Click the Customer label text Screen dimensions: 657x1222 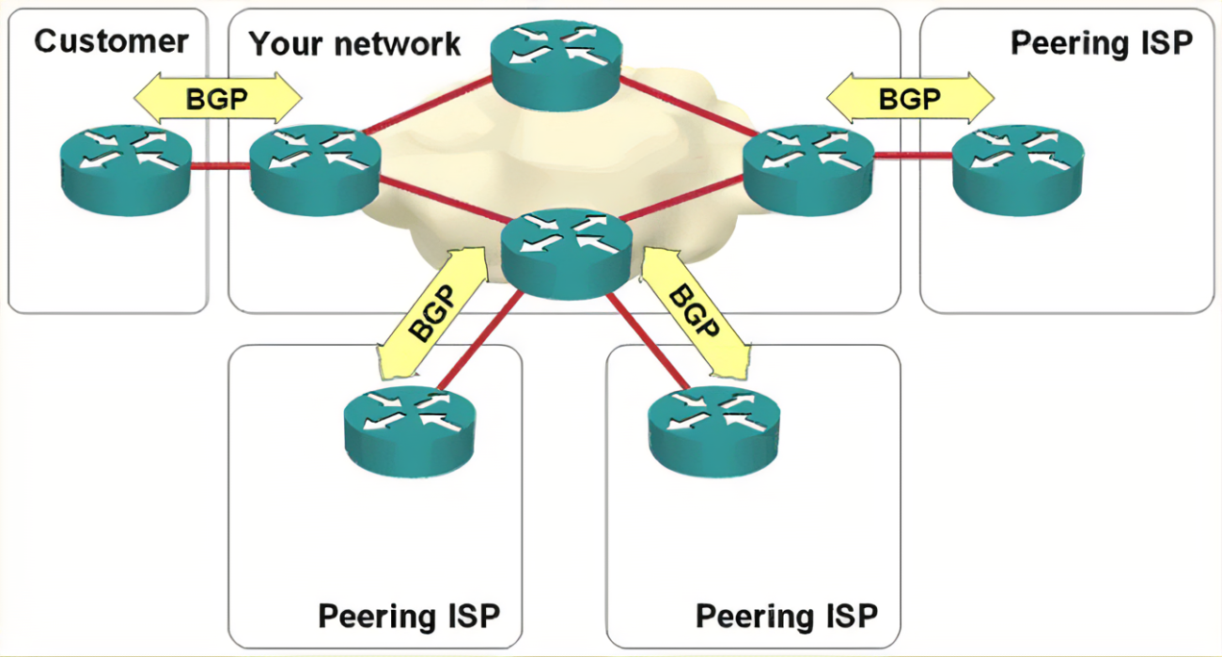(x=111, y=41)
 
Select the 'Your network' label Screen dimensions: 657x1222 (x=354, y=43)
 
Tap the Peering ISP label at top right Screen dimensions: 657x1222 (x=1101, y=42)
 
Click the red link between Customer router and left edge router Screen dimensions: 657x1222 (x=220, y=167)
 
